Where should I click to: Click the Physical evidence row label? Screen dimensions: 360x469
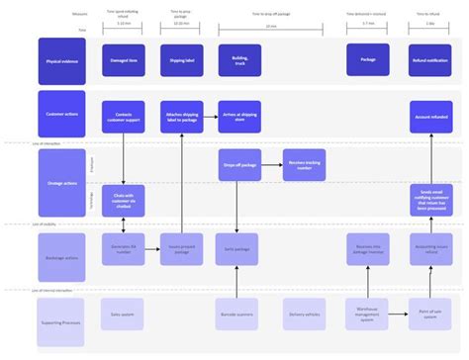(59, 60)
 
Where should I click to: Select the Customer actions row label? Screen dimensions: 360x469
(59, 115)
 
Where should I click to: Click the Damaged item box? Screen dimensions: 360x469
(124, 60)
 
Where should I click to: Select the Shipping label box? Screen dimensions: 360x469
(181, 60)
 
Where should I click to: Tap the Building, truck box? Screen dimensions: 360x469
(238, 60)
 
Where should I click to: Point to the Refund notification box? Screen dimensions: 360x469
(430, 60)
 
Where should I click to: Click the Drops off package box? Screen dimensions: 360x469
(238, 164)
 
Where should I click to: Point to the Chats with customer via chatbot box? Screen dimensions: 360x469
(124, 201)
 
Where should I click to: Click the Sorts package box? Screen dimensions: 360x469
(238, 250)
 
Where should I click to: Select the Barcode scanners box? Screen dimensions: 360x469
(238, 314)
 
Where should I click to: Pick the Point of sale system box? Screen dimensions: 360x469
(430, 314)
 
